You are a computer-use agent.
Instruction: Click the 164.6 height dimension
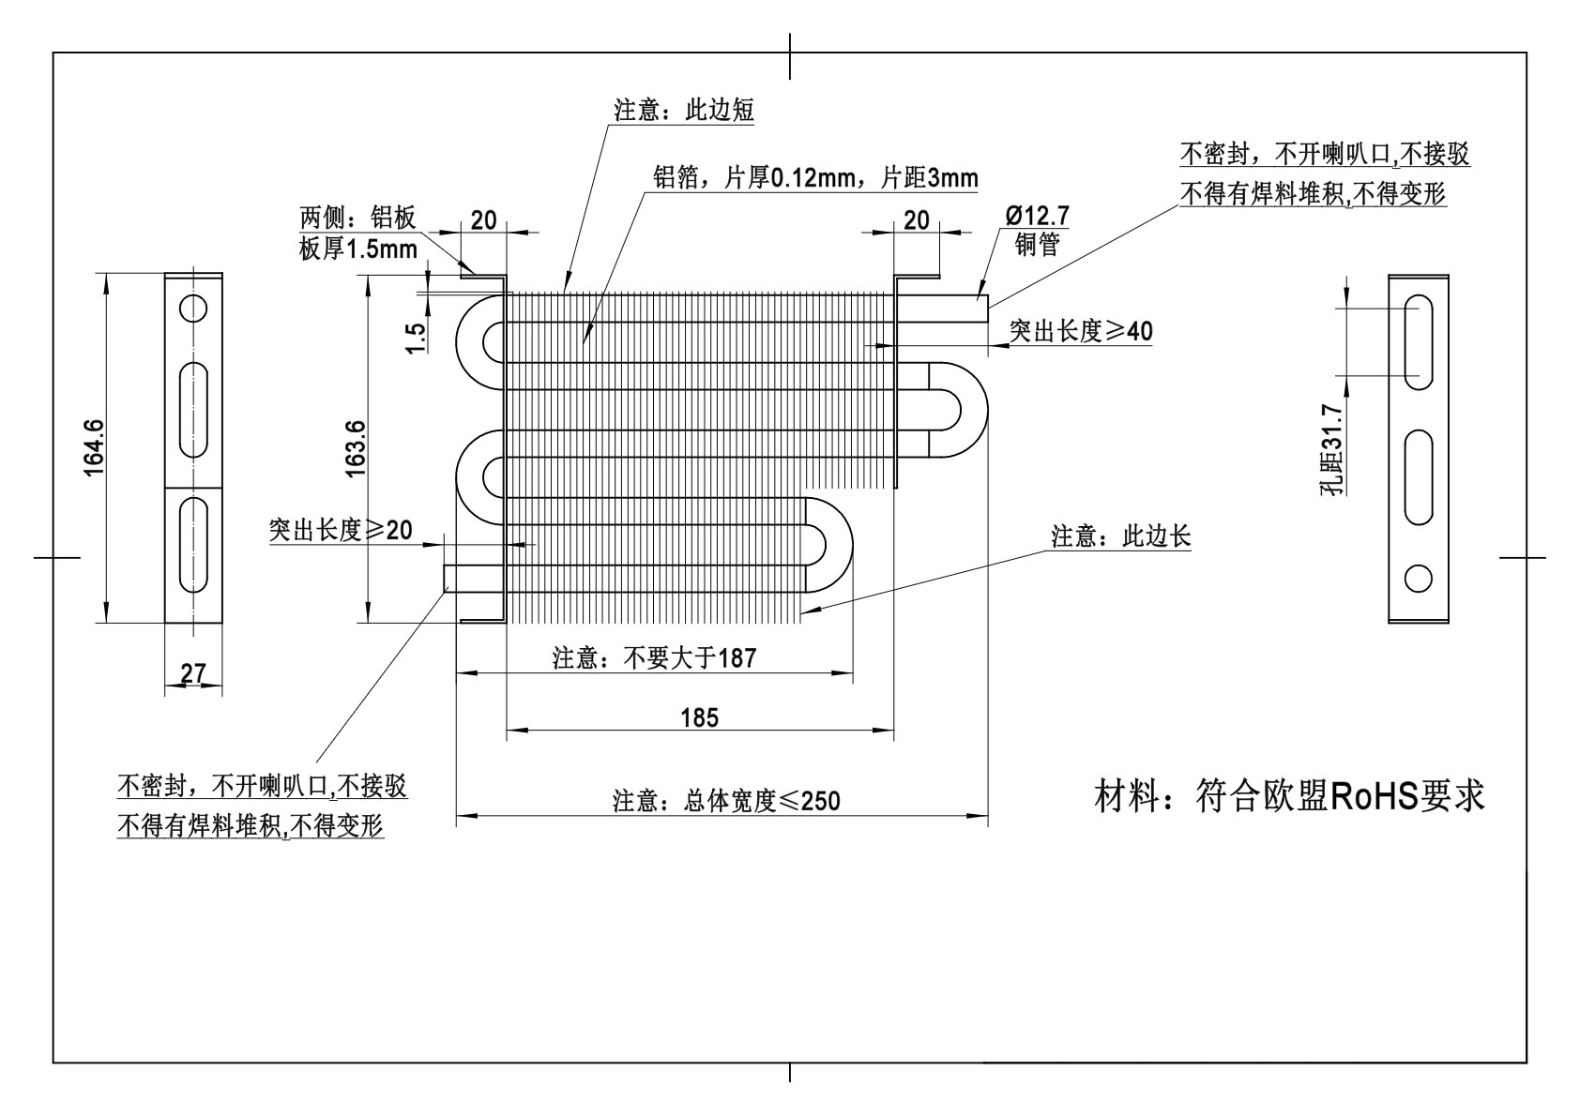[94, 447]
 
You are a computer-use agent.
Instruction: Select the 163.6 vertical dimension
[355, 448]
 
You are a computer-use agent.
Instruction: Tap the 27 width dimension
[192, 673]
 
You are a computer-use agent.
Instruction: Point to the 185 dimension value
[699, 718]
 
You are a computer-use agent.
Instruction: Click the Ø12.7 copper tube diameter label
[1037, 216]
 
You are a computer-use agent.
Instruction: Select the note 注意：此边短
[684, 111]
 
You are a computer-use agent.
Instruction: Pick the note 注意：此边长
[1121, 536]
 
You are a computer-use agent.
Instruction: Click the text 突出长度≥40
[1081, 331]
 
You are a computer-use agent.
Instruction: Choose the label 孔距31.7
[1332, 448]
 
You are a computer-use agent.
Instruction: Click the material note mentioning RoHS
[1290, 796]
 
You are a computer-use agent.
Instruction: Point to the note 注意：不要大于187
[654, 658]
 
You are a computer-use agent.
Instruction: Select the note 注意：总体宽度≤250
[726, 801]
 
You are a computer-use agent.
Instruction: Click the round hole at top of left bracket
[193, 308]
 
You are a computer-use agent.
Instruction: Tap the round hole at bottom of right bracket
[1418, 578]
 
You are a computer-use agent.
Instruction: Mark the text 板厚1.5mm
[357, 250]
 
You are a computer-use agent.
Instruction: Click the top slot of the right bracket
[1418, 341]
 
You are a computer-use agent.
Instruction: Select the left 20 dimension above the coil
[483, 220]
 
